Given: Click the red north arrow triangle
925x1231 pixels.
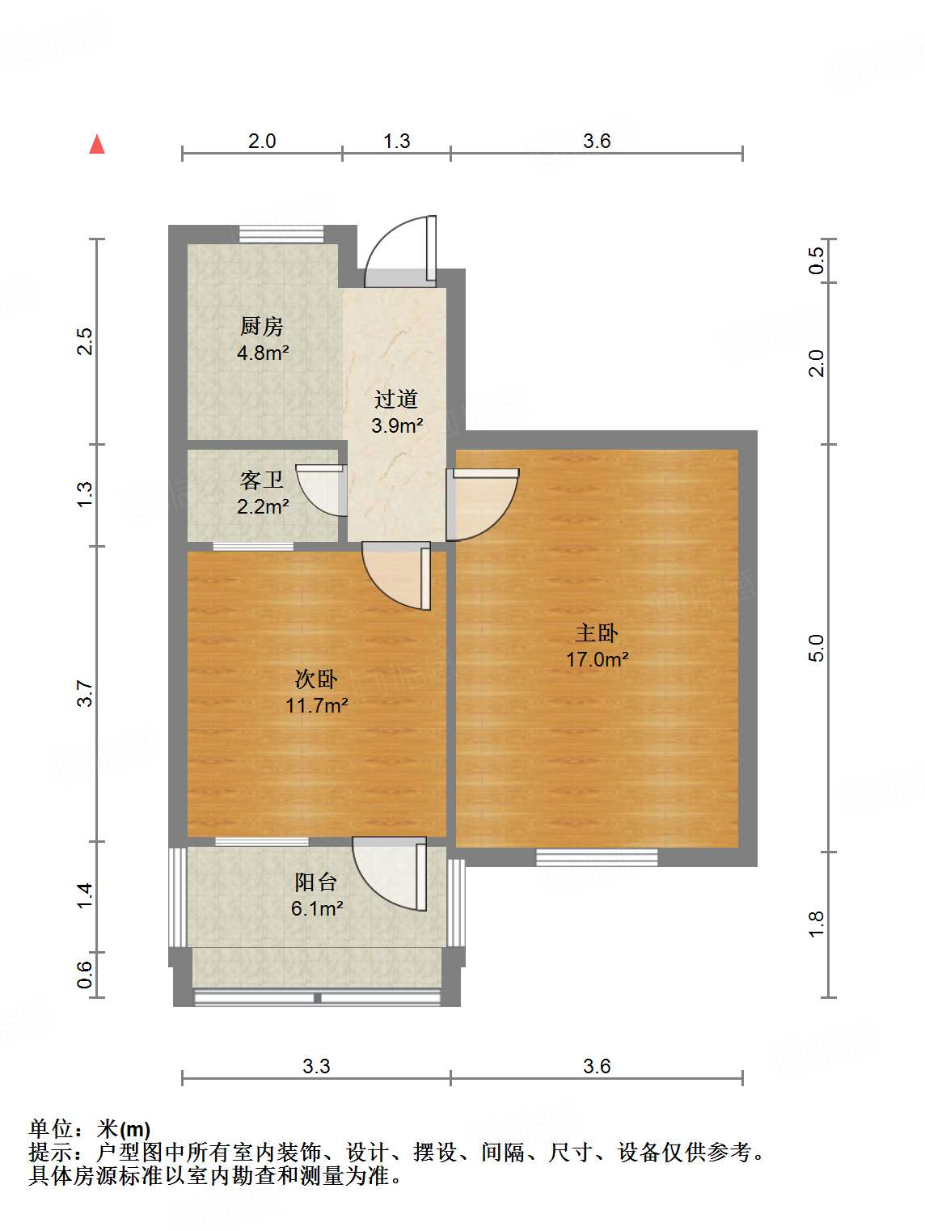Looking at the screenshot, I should [97, 145].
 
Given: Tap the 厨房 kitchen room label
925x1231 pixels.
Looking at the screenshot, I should [262, 326].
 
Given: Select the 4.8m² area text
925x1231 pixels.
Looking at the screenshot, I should [263, 353].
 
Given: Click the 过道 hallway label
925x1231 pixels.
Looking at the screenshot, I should [396, 399].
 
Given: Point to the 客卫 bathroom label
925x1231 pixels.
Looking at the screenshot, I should [262, 480].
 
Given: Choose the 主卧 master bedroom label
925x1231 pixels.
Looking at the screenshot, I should [597, 632].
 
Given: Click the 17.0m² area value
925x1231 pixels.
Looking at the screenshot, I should [597, 659].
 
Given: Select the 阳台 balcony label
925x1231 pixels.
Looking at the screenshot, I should [316, 882].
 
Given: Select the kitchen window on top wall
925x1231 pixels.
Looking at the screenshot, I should [281, 234].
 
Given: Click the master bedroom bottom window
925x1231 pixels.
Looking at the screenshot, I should [597, 857].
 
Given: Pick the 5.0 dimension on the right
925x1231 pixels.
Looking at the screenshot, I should [816, 648].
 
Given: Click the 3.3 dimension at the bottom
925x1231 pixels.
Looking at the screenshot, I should [316, 1066].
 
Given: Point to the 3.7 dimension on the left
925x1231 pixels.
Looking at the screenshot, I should [86, 694].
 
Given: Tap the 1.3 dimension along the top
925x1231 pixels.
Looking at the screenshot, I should [396, 141].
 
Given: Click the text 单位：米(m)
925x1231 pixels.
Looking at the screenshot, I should [90, 1129].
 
